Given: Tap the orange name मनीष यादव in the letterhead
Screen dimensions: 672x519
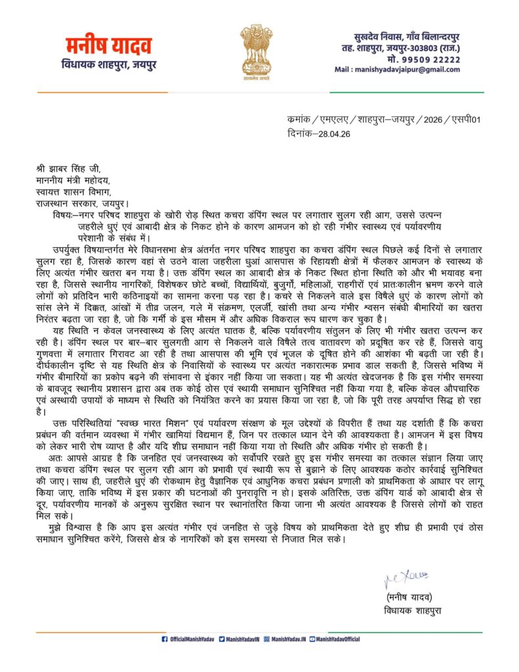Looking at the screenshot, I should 109,47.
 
